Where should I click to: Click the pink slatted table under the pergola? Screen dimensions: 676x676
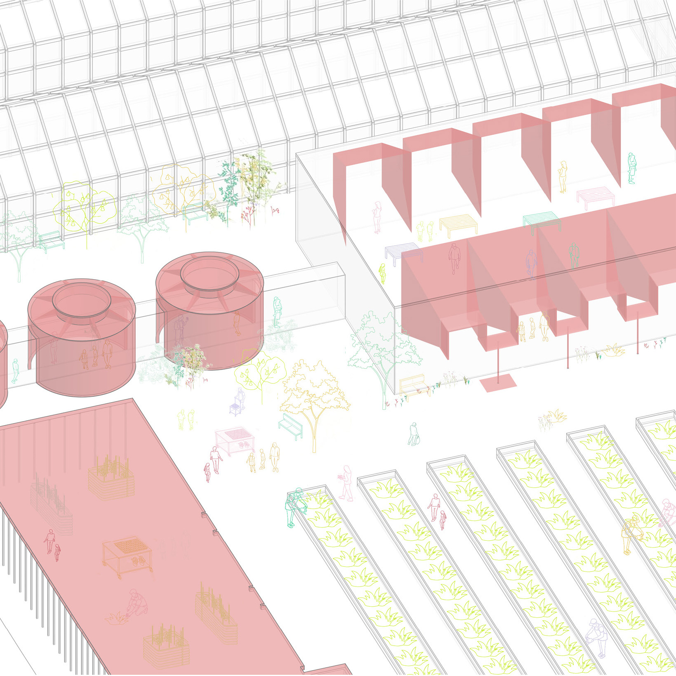tap(595, 195)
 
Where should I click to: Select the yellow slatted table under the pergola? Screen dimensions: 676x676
tap(458, 225)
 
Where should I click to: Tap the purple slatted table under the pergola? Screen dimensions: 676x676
tap(403, 254)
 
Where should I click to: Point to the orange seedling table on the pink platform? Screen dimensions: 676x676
tap(127, 557)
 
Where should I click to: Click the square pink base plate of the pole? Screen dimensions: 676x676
tap(498, 383)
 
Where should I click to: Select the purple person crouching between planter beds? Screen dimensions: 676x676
tap(596, 640)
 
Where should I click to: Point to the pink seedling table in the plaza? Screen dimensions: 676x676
tap(234, 440)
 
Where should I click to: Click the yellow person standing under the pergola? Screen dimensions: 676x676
tap(563, 176)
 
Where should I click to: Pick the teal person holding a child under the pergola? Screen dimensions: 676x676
tap(631, 168)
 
